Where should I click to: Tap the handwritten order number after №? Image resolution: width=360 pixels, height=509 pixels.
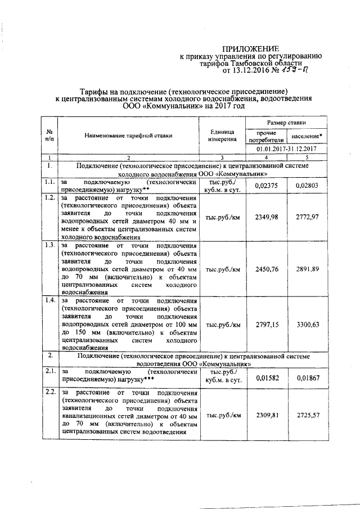(x=295, y=70)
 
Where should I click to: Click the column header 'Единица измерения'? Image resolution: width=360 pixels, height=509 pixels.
(x=222, y=135)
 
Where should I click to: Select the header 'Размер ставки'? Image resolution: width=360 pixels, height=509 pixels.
(x=287, y=122)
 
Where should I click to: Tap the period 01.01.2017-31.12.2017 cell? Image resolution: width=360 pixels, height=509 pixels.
(x=287, y=149)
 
